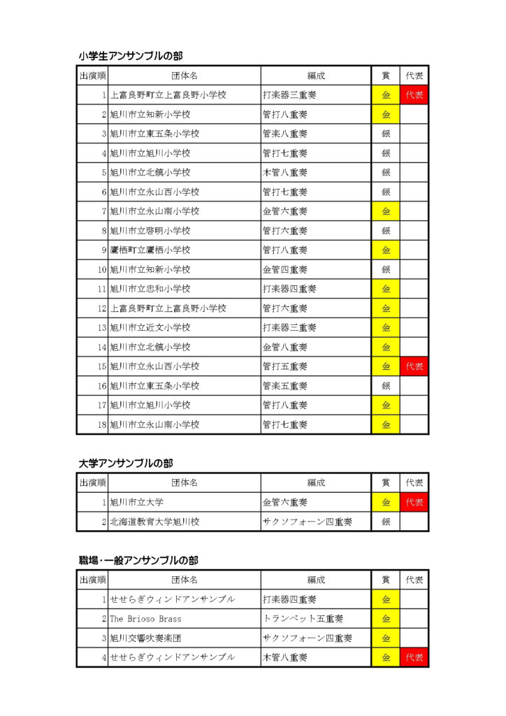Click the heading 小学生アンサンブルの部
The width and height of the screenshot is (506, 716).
coord(131,56)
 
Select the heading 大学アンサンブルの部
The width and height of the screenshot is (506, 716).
coord(126,463)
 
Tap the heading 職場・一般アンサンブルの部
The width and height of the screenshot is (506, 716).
coord(138,560)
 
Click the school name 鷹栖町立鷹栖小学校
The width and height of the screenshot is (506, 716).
coord(150,250)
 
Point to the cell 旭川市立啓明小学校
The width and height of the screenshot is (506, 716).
coord(150,230)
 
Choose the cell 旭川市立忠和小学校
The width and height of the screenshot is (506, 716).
coord(150,288)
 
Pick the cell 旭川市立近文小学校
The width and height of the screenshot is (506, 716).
coord(150,327)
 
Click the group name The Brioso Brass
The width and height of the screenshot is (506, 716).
coord(145,619)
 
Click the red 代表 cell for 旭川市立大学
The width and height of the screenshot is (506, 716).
coord(414,502)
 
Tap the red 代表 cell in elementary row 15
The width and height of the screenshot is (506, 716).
coord(414,366)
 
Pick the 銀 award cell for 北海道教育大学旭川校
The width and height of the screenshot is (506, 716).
coord(386,522)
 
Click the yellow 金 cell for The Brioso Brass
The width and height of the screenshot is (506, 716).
coord(386,619)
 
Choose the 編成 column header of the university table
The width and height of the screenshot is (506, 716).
coord(316,482)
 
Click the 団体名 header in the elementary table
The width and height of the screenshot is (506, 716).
coord(185,76)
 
